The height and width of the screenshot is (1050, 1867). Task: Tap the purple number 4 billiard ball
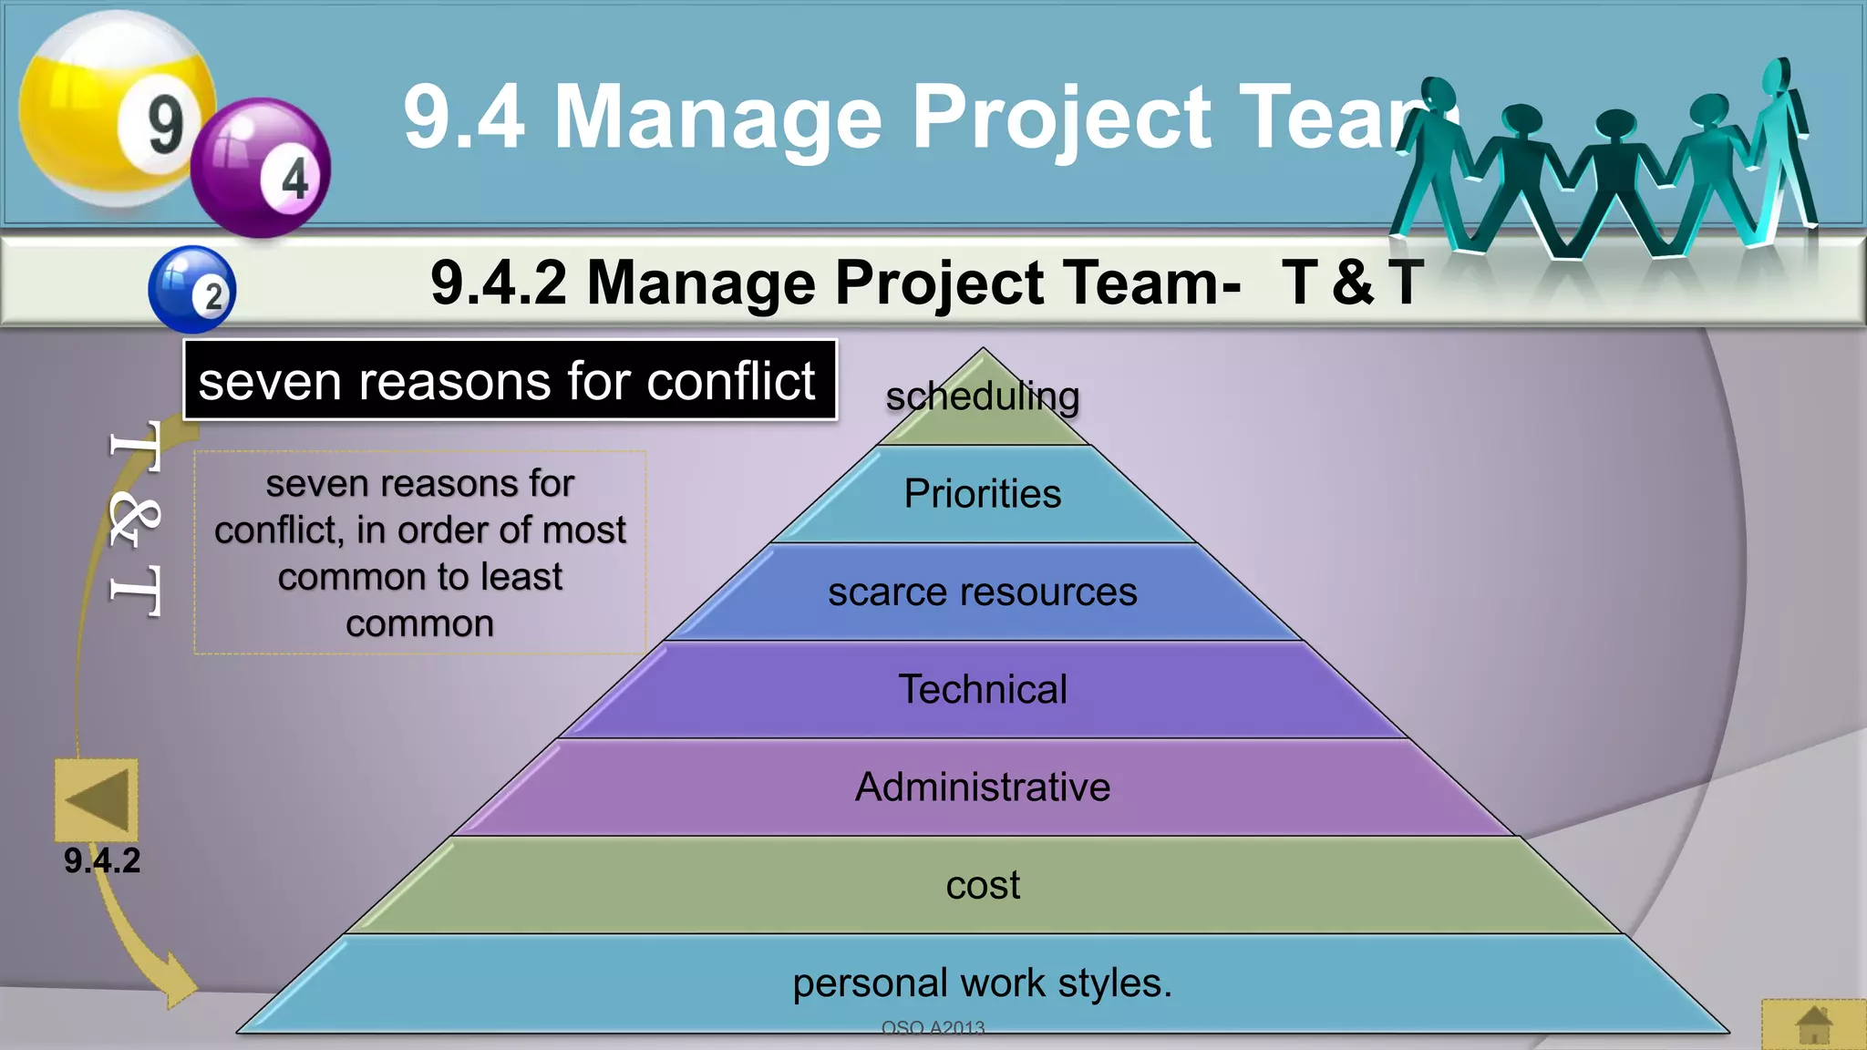point(261,169)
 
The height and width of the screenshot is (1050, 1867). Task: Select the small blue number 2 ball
point(192,289)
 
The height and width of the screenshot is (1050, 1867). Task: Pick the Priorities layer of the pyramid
point(983,494)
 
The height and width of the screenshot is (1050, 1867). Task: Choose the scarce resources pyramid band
point(983,592)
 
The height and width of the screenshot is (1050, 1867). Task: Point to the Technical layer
point(983,690)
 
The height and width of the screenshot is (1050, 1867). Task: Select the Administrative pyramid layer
point(983,787)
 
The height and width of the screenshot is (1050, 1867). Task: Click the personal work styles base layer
point(983,983)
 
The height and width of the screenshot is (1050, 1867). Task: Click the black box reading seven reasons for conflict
point(509,380)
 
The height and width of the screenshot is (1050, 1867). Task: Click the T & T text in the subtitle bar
point(1352,283)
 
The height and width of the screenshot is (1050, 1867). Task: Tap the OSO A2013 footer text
point(933,1028)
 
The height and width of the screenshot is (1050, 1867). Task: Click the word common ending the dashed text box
point(419,624)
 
